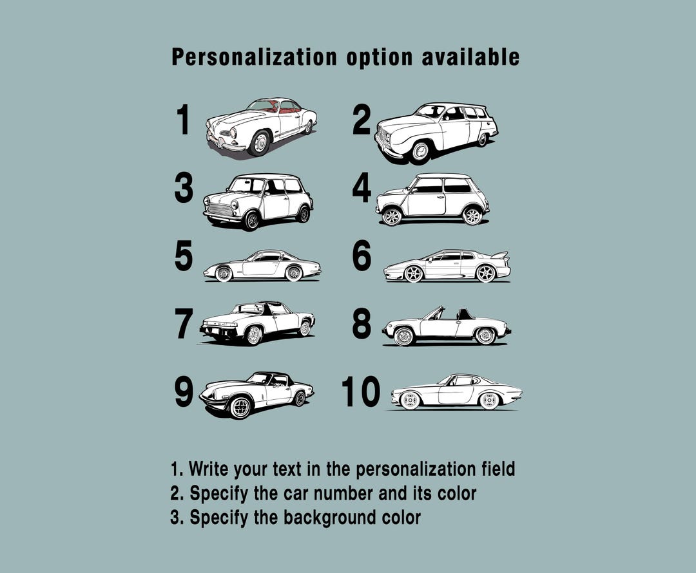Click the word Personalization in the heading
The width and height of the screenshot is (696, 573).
click(x=255, y=58)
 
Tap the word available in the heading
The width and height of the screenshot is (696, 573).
click(x=470, y=57)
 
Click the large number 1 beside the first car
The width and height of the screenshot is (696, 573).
click(x=183, y=120)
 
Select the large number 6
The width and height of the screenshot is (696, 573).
click(x=362, y=256)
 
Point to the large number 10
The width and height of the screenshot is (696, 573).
click(x=361, y=391)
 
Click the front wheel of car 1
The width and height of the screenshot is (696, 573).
click(x=260, y=143)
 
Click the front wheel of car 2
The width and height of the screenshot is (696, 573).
click(x=420, y=151)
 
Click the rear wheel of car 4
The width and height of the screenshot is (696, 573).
click(x=472, y=216)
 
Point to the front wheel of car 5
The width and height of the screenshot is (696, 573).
click(x=223, y=274)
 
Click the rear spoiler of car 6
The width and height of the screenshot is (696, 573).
click(x=500, y=256)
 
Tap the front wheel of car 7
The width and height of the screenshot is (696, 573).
click(x=253, y=335)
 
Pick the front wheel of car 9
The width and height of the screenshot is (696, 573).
click(x=240, y=407)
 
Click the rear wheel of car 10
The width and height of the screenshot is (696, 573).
click(x=488, y=400)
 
